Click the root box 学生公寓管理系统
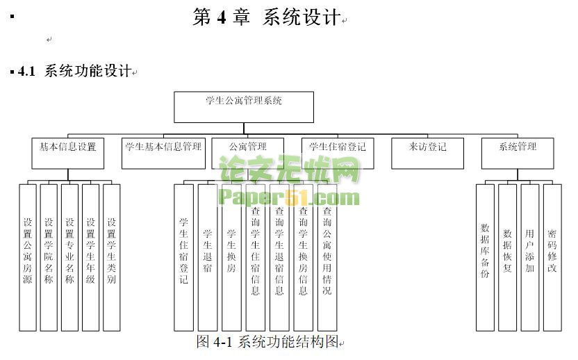[x=243, y=106]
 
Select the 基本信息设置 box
[x=67, y=153]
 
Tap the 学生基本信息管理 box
[x=163, y=153]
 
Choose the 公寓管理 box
[x=248, y=153]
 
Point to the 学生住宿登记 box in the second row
[x=338, y=153]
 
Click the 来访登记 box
[x=427, y=153]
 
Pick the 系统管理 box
[x=518, y=153]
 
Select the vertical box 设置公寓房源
[x=28, y=256]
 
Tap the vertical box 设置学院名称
[x=49, y=256]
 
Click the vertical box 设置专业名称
[x=69, y=256]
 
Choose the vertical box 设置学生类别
[x=111, y=256]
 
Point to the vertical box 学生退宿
[x=208, y=256]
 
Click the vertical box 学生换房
[x=231, y=256]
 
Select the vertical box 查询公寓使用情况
[x=327, y=256]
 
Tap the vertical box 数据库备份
[x=485, y=256]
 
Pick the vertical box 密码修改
[x=552, y=256]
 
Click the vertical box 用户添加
[x=529, y=256]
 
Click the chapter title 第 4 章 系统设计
[x=266, y=17]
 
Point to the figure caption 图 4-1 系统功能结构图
[x=267, y=341]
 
